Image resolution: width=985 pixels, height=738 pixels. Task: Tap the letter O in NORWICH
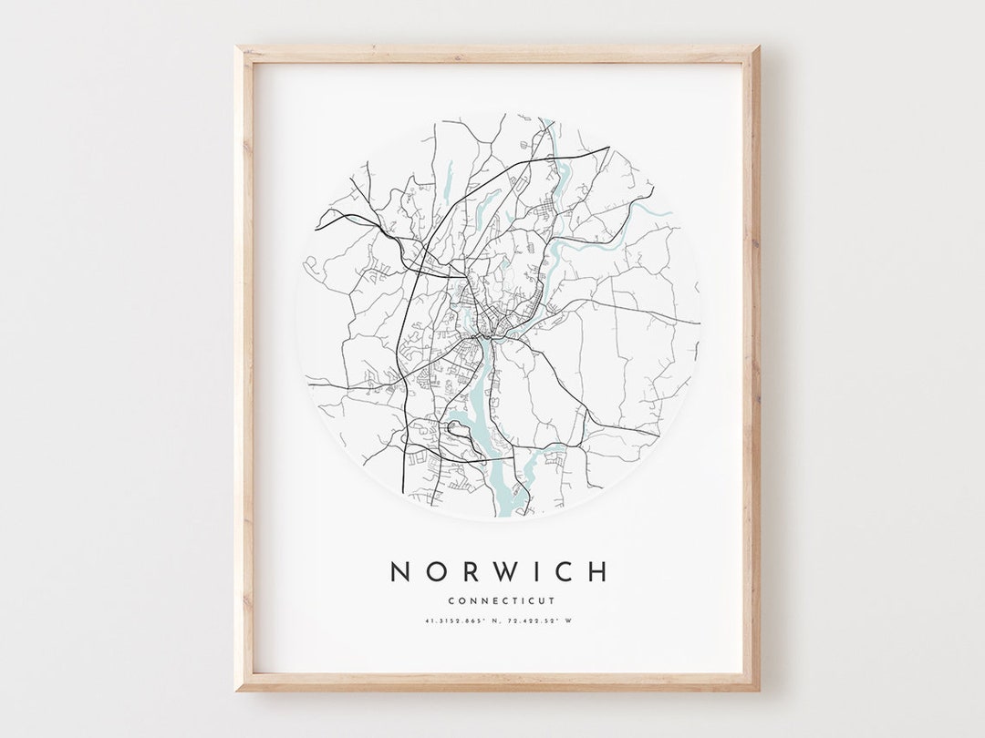coord(436,572)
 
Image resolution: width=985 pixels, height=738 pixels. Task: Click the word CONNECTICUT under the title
coord(501,600)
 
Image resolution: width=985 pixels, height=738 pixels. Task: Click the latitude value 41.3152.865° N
coord(461,621)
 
